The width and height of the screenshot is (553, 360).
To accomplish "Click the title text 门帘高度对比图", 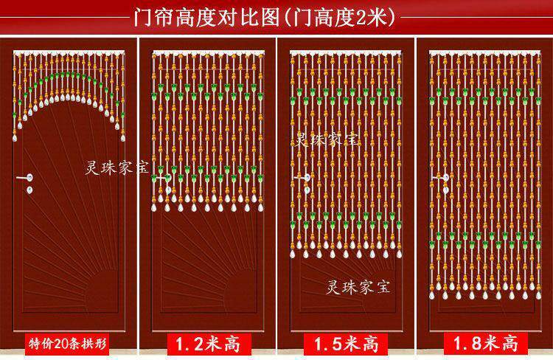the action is tap(207, 17).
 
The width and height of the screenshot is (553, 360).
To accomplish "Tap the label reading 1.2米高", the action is tap(208, 344).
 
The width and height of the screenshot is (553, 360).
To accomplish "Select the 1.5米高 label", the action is tap(347, 344).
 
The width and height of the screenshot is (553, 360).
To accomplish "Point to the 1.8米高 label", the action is tap(485, 343).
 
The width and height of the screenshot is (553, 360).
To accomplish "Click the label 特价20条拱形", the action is tap(67, 344).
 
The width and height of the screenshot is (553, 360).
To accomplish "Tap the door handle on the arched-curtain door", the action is tap(25, 178).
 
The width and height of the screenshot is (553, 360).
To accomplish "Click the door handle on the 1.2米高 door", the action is tap(164, 178).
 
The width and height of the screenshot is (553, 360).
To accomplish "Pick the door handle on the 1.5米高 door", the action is tap(302, 178).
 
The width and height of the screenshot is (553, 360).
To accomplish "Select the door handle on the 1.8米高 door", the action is tap(441, 178).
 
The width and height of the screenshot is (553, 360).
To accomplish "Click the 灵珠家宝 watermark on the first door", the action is tap(117, 167).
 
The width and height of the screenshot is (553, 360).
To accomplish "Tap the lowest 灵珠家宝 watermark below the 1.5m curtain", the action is tap(358, 287).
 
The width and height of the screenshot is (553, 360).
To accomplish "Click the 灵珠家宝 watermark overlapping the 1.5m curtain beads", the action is tap(327, 139).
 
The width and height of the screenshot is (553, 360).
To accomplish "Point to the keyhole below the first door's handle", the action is tap(29, 190).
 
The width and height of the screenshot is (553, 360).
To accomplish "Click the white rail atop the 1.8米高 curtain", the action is tap(484, 53).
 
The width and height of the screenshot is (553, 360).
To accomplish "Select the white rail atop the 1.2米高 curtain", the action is tap(208, 53).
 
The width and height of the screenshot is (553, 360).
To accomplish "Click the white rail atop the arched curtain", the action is tap(69, 53).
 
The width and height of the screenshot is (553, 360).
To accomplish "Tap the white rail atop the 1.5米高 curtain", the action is tap(346, 53).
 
